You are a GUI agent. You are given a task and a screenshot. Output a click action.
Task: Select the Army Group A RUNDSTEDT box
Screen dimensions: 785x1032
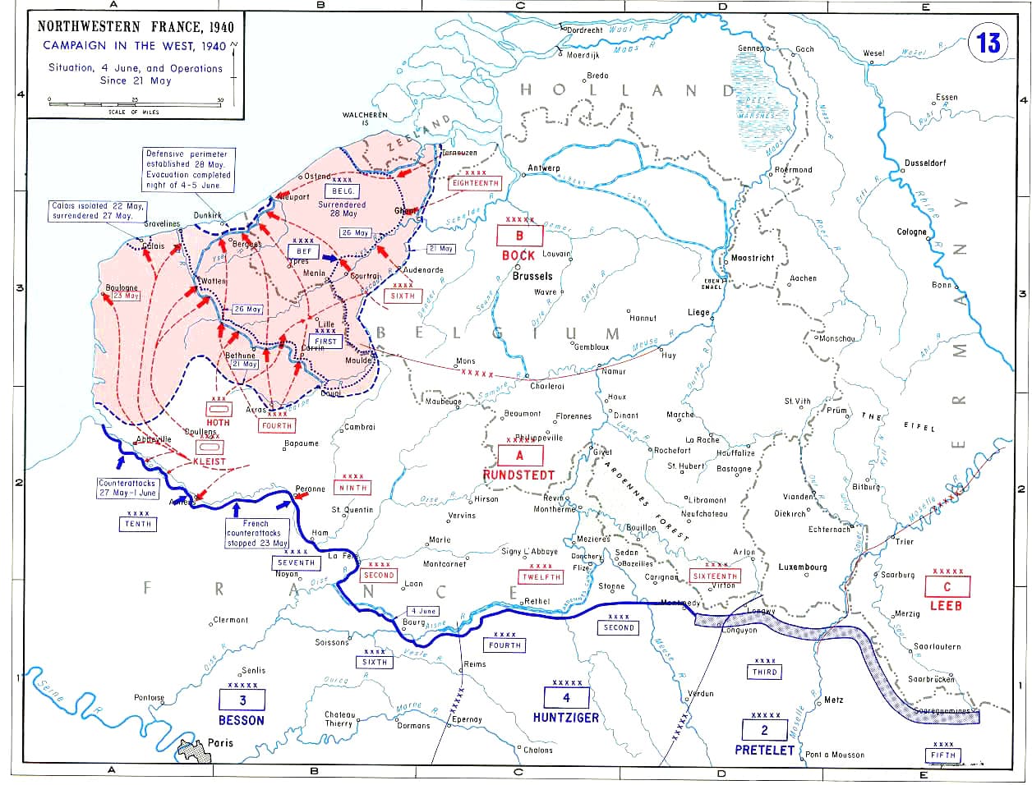(x=518, y=456)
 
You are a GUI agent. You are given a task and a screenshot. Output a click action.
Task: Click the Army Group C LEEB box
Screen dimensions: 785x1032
(x=947, y=586)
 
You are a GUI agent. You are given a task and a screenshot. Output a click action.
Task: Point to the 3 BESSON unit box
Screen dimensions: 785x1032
(x=242, y=700)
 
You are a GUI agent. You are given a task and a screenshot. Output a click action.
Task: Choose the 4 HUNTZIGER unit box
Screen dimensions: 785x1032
(x=565, y=698)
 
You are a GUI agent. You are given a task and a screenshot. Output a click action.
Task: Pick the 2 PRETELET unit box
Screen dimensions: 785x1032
(x=764, y=730)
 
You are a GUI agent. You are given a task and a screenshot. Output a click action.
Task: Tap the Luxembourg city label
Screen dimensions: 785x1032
(x=803, y=567)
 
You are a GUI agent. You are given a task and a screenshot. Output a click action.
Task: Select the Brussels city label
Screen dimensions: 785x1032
(x=532, y=277)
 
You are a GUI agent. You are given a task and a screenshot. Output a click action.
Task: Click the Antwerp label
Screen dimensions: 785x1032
(x=543, y=168)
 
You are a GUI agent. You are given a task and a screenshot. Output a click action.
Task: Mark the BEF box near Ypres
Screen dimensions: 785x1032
(x=303, y=250)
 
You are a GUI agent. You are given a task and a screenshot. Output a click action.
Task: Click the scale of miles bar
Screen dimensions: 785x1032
(x=135, y=103)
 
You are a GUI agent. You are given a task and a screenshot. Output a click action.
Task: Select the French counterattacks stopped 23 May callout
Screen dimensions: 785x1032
(x=256, y=533)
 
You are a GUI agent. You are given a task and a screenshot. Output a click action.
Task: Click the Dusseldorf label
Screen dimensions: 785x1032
(x=924, y=163)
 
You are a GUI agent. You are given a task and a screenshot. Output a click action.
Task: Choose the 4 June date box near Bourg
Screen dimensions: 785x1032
(x=424, y=611)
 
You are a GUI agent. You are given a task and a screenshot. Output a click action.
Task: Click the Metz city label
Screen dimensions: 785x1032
(x=833, y=700)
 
